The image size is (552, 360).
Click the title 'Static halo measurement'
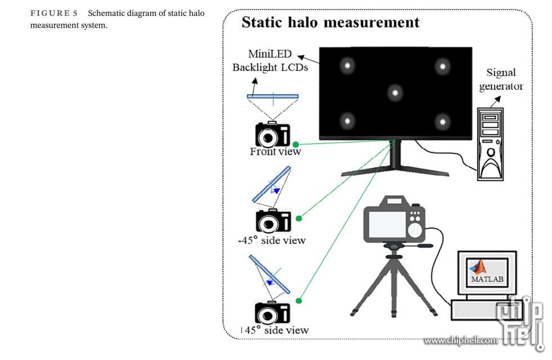tap(330, 23)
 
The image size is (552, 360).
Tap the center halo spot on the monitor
tap(395, 92)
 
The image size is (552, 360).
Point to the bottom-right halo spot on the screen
tap(443, 121)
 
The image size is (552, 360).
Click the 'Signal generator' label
tap(501, 79)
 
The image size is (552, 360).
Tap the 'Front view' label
tap(275, 152)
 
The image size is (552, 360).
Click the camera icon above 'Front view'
tap(273, 134)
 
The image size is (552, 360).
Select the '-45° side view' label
tap(271, 241)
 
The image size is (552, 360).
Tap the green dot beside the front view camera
tap(296, 145)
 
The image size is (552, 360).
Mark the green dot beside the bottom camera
tap(299, 301)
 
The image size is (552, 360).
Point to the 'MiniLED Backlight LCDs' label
tap(270, 61)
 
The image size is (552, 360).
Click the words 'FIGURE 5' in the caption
tap(54, 13)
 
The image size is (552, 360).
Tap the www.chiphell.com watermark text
tap(461, 340)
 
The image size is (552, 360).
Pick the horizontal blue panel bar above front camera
tap(273, 96)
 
